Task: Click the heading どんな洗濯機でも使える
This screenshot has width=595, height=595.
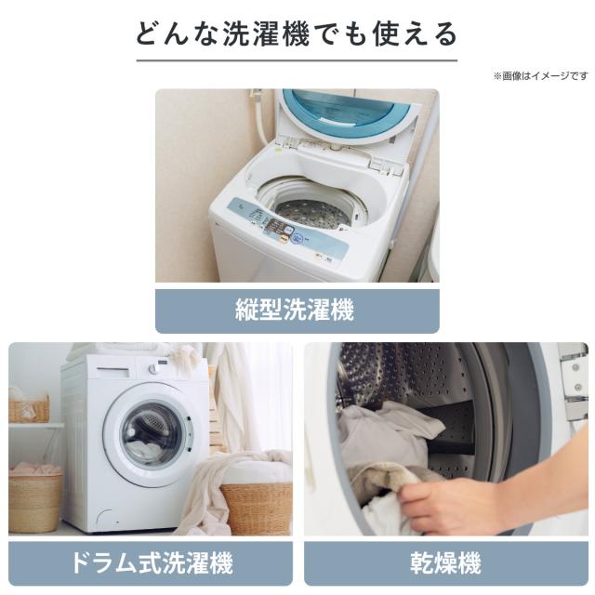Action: [x=297, y=34]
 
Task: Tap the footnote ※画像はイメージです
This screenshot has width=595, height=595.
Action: [x=540, y=76]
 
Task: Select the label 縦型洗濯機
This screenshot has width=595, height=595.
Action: [x=295, y=310]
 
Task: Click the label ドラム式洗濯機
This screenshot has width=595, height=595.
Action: [x=152, y=562]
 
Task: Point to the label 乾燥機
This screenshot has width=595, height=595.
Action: [x=446, y=562]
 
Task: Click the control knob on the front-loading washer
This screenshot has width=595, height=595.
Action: [x=153, y=368]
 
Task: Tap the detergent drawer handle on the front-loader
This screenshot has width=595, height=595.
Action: [x=113, y=369]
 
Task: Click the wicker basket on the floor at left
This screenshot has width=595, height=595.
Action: [x=35, y=501]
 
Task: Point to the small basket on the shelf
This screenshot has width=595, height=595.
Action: [x=29, y=409]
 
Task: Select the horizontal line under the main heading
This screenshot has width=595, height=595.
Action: [x=297, y=60]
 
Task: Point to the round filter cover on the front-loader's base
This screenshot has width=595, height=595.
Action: [x=105, y=519]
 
